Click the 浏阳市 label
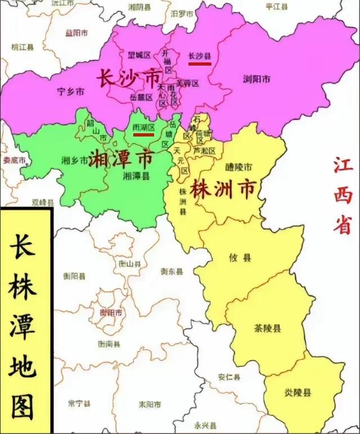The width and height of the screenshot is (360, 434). pos(256,78)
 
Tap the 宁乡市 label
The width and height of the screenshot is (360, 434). pos(71,92)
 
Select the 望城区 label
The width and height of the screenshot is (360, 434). pos(139,55)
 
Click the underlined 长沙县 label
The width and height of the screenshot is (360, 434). pos(199,56)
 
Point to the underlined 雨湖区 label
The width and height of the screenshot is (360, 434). pos(143,128)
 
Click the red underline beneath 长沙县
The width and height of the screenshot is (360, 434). pos(200,64)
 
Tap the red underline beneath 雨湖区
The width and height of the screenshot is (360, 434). pos(143,135)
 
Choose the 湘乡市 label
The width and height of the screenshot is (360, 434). pos(74,160)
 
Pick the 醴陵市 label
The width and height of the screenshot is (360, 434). pos(238,167)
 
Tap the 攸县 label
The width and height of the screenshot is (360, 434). pos(240,258)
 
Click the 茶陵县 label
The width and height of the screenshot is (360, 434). pos(268,328)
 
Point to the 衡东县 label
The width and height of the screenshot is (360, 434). pos(172,272)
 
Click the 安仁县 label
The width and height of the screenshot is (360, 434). pos(229,377)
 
